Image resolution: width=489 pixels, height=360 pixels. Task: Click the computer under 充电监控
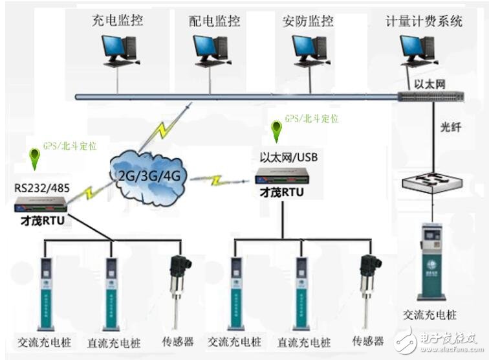118,51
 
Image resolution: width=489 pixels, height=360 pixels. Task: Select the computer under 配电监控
211,51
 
